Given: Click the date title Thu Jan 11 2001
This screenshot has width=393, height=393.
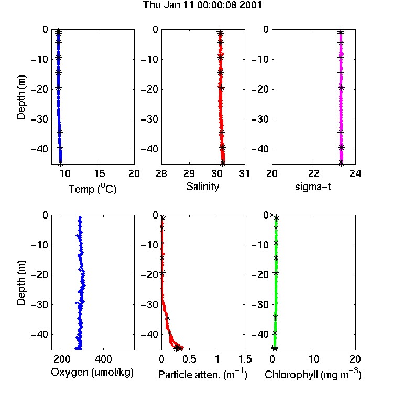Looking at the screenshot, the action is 202,5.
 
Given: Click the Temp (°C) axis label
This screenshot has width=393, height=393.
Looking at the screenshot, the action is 92,189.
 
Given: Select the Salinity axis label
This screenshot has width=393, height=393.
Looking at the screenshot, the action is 202,187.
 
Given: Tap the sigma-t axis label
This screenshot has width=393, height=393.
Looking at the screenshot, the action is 313,187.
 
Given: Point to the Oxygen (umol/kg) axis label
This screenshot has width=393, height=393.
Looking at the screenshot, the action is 92,373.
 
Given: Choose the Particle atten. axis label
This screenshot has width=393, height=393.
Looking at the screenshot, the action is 202,375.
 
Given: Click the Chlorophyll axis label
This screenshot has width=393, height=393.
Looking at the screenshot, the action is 313,375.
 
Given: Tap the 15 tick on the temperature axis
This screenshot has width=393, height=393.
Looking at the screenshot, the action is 100,173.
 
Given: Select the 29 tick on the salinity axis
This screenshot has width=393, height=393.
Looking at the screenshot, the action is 189,173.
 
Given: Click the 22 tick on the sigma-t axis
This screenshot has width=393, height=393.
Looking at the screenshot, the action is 314,173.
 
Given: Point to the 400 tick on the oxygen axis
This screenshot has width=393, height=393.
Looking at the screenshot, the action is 103,359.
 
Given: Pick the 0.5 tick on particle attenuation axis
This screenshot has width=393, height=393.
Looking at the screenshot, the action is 189,359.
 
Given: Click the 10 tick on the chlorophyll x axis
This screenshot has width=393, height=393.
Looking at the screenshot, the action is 314,359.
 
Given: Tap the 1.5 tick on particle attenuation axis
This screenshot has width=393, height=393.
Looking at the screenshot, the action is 245,359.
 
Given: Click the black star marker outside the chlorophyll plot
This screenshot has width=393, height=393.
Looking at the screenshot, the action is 272,215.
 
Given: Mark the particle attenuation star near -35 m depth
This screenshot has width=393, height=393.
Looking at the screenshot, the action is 168,318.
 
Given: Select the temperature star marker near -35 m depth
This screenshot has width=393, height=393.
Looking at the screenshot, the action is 60,132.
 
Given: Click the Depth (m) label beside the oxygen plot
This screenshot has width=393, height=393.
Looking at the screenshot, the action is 21,283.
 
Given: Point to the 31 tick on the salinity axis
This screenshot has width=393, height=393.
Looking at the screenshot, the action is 245,173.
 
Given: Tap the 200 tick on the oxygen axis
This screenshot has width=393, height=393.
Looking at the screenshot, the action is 62,359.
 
